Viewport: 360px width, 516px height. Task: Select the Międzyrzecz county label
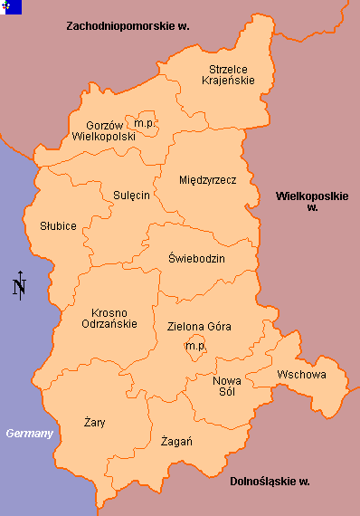(x=207, y=180)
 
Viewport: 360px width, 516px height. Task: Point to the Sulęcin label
(x=131, y=195)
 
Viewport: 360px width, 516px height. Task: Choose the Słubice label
(x=58, y=225)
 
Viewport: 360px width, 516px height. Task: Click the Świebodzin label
(x=196, y=259)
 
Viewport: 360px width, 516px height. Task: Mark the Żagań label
(x=175, y=441)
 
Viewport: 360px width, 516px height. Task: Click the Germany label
(x=30, y=434)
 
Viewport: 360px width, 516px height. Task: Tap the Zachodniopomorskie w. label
(x=128, y=27)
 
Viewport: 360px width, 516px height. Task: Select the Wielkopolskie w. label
(x=312, y=201)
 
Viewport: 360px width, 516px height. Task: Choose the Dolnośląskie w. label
(x=270, y=481)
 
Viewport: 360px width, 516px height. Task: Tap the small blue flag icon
(x=11, y=6)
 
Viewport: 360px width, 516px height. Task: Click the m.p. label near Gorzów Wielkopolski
(x=144, y=122)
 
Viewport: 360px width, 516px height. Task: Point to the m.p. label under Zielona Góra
(x=194, y=347)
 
